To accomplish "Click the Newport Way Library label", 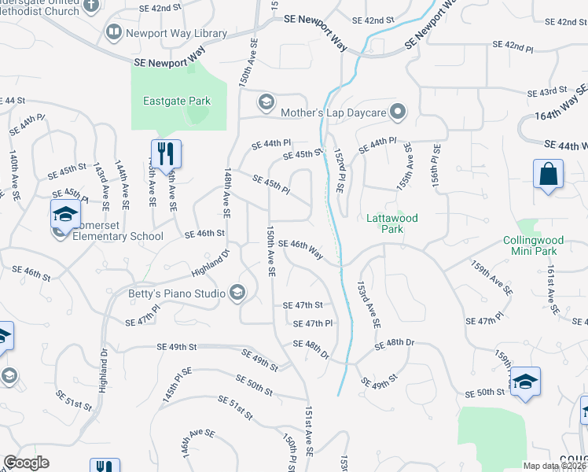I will pyautogui.click(x=177, y=33).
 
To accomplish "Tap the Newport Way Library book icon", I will pyautogui.click(x=113, y=32).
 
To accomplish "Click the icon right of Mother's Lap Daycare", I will pyautogui.click(x=399, y=112).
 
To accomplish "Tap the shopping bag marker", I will pyautogui.click(x=548, y=174).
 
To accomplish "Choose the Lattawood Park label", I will pyautogui.click(x=392, y=223).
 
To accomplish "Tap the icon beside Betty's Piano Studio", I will pyautogui.click(x=237, y=294).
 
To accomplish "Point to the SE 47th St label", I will pyautogui.click(x=303, y=305).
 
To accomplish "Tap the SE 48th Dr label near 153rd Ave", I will pyautogui.click(x=394, y=345).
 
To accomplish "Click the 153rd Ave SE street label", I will pyautogui.click(x=368, y=304).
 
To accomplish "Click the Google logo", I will pyautogui.click(x=27, y=463).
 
